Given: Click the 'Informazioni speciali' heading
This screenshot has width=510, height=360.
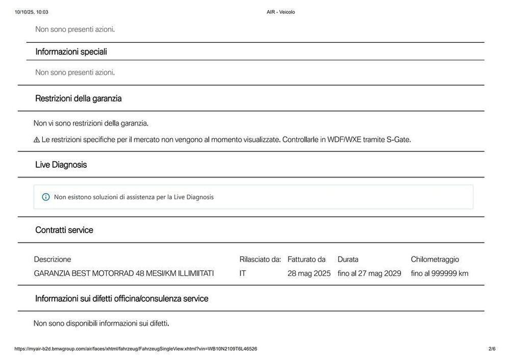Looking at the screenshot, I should (x=71, y=52).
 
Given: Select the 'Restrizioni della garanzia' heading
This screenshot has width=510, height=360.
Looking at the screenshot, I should (x=78, y=98).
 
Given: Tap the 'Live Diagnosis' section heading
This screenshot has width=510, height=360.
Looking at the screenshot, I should (x=61, y=165).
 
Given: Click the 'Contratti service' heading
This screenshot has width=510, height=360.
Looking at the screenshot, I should (x=64, y=230).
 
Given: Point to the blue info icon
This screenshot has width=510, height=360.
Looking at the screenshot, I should (x=46, y=197).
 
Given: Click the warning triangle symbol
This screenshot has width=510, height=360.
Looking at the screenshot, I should (x=37, y=140).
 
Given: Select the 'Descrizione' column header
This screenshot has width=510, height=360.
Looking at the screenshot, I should (x=53, y=260).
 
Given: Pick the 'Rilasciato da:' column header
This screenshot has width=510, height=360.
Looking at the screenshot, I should (x=260, y=260).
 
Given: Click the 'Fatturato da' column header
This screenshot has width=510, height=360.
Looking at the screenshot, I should (x=307, y=260).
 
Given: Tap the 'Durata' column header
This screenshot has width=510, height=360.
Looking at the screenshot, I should (x=348, y=260).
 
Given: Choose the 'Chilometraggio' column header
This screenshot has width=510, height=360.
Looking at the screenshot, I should (x=435, y=260).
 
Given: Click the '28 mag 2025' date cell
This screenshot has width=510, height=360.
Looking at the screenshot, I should (x=309, y=273).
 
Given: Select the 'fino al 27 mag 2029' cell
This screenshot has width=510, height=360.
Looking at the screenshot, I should (x=369, y=273).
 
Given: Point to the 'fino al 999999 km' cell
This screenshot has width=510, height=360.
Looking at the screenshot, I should (x=440, y=273).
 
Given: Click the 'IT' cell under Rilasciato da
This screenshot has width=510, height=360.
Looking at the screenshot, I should (x=243, y=273).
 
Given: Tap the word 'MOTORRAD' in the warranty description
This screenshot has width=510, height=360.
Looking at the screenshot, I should (x=113, y=273).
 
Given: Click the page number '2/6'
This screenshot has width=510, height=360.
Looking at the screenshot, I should (x=492, y=349).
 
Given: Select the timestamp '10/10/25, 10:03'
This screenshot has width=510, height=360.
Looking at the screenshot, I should (x=32, y=12).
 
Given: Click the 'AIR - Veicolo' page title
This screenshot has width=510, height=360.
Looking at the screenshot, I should (x=280, y=12).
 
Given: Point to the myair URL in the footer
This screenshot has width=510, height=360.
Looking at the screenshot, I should (x=136, y=349).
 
